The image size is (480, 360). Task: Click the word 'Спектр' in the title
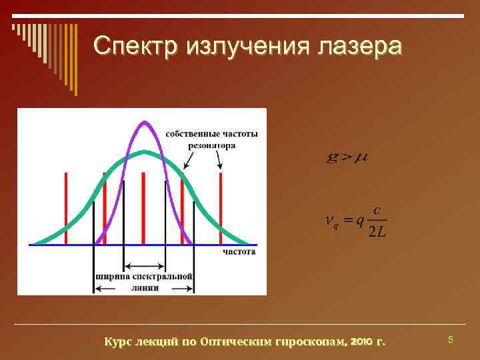[x=136, y=46]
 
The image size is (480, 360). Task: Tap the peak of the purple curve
[x=144, y=122]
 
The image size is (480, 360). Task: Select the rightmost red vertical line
[x=220, y=207]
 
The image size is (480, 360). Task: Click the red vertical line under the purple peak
[x=143, y=207]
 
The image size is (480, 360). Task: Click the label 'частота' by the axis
[x=239, y=253]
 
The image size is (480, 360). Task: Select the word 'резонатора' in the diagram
[x=211, y=145]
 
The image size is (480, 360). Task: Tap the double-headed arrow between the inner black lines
[x=144, y=265]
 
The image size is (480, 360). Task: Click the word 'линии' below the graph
[x=145, y=289]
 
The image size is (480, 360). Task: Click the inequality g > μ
[x=347, y=158]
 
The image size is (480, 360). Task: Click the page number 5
[x=450, y=341]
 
